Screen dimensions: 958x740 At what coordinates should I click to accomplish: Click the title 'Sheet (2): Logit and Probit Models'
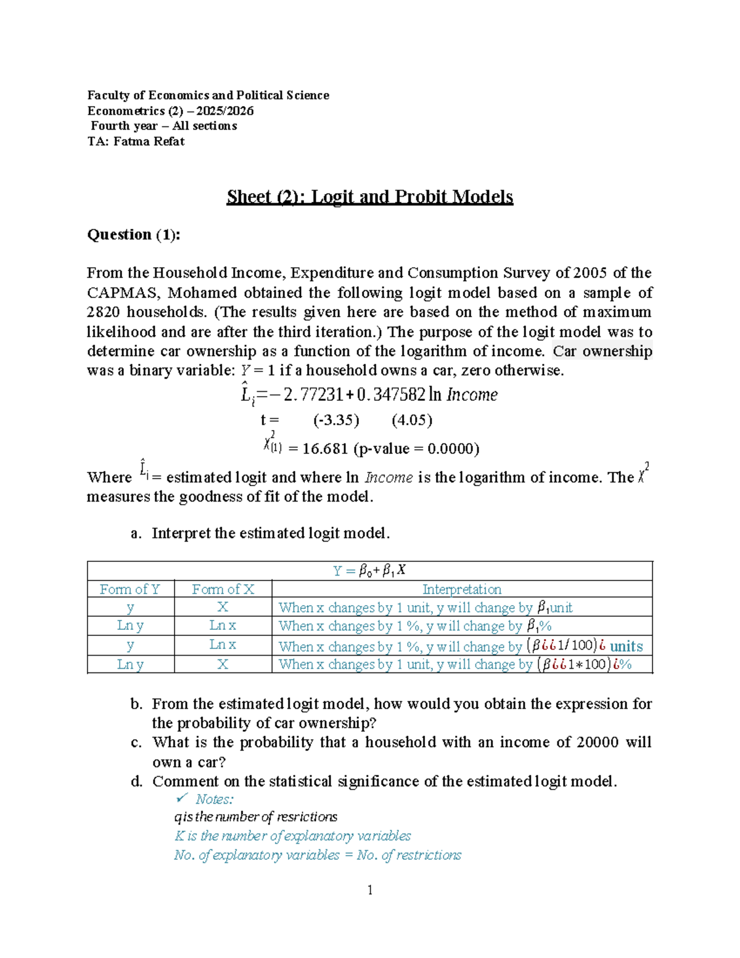tap(369, 197)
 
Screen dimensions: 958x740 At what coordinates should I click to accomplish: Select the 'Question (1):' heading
tap(133, 234)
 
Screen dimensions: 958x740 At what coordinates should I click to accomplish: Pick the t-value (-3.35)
tap(336, 420)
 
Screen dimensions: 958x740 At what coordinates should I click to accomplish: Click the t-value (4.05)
tap(412, 420)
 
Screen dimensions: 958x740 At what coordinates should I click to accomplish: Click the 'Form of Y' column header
tap(130, 589)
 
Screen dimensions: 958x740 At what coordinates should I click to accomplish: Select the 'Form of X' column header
tap(223, 589)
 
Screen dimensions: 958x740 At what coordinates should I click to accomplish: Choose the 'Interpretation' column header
tap(461, 589)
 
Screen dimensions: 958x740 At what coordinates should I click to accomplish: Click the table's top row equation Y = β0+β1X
tap(369, 571)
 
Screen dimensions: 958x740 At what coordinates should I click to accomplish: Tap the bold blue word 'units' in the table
tap(626, 646)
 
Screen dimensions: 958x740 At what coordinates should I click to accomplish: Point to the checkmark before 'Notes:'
tap(181, 799)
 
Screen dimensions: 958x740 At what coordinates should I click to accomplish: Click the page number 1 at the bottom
tap(369, 890)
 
